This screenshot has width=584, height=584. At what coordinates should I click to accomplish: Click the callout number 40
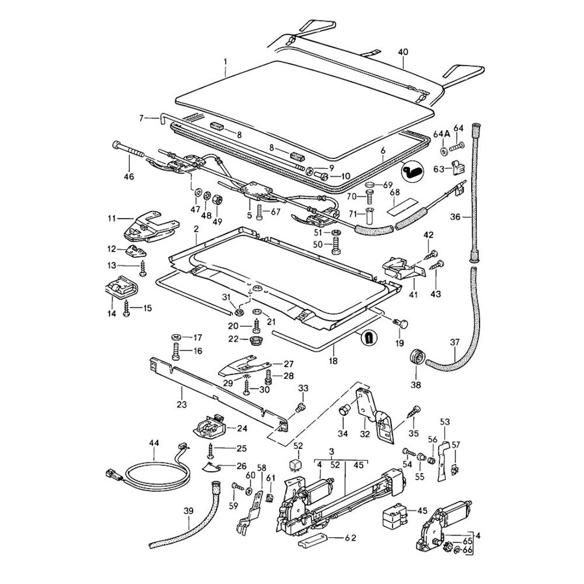(x=403, y=52)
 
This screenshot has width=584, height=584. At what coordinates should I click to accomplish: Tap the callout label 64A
(x=442, y=133)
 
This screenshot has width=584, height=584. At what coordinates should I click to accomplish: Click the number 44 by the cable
(x=154, y=443)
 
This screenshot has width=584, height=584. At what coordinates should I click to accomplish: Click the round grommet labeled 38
(x=418, y=356)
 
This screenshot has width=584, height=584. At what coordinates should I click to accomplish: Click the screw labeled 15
(x=126, y=309)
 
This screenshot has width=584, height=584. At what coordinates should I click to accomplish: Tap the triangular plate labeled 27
(x=239, y=367)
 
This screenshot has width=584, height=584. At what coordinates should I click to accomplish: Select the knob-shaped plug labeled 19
(x=401, y=322)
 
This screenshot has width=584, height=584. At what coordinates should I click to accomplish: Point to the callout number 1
(x=226, y=61)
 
